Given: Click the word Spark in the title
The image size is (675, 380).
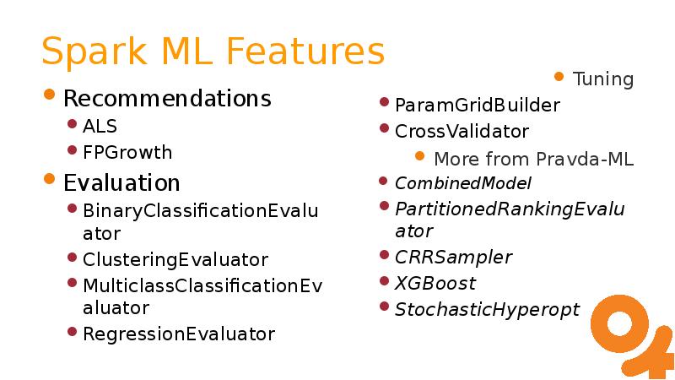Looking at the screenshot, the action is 94,52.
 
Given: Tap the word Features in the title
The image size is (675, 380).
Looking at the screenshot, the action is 305,51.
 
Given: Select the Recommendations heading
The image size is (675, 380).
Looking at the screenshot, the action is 167,98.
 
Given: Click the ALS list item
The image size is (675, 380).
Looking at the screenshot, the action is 100,126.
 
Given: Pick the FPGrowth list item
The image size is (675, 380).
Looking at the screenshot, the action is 127,153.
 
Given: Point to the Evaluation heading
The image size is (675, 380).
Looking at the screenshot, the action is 121,182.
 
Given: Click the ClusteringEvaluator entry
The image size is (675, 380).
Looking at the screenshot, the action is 175,259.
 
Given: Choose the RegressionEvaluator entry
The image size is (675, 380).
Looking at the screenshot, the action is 179,334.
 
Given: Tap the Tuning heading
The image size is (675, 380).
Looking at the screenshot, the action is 603,79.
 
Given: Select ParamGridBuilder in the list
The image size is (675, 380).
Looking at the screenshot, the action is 478,105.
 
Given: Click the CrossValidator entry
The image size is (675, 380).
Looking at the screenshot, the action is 462,132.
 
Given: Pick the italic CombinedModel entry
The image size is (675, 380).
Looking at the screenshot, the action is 463,183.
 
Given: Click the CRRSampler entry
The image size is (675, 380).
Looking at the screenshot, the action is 454,258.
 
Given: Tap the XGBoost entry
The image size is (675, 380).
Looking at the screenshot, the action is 435,284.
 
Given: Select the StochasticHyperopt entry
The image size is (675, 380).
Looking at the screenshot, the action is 488,310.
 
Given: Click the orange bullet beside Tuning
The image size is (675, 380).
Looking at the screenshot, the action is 559,77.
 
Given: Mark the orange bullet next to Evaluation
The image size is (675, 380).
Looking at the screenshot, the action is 50,178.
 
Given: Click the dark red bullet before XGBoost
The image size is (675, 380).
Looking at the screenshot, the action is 385,281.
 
